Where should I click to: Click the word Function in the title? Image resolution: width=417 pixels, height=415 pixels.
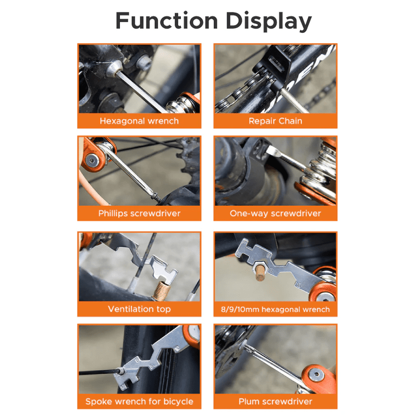click(x=167, y=21)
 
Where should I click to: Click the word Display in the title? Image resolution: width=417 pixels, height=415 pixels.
click(x=268, y=21)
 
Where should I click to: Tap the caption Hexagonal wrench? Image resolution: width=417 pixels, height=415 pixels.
click(x=139, y=121)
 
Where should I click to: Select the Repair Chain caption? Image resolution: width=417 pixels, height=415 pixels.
click(x=275, y=121)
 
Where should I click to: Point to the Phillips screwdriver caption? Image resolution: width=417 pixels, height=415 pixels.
click(x=139, y=213)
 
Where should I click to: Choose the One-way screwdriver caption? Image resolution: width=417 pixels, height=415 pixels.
click(x=275, y=213)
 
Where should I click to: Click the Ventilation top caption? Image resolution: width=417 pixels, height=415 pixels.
click(x=139, y=309)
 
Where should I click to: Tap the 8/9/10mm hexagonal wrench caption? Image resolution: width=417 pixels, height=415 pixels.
click(x=275, y=309)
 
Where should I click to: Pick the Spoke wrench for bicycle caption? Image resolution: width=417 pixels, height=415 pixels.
click(x=139, y=401)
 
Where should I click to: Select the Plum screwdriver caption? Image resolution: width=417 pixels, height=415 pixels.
click(x=275, y=401)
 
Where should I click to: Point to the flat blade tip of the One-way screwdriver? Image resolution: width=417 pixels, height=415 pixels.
click(x=271, y=152)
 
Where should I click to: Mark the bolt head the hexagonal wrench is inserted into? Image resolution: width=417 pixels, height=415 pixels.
click(x=115, y=69)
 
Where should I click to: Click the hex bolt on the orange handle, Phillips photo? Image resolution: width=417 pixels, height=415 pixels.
click(x=92, y=160)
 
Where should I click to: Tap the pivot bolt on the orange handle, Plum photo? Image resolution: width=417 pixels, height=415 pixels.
click(x=316, y=374)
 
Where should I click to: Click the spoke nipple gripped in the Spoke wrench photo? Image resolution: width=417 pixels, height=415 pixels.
click(x=120, y=371)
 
